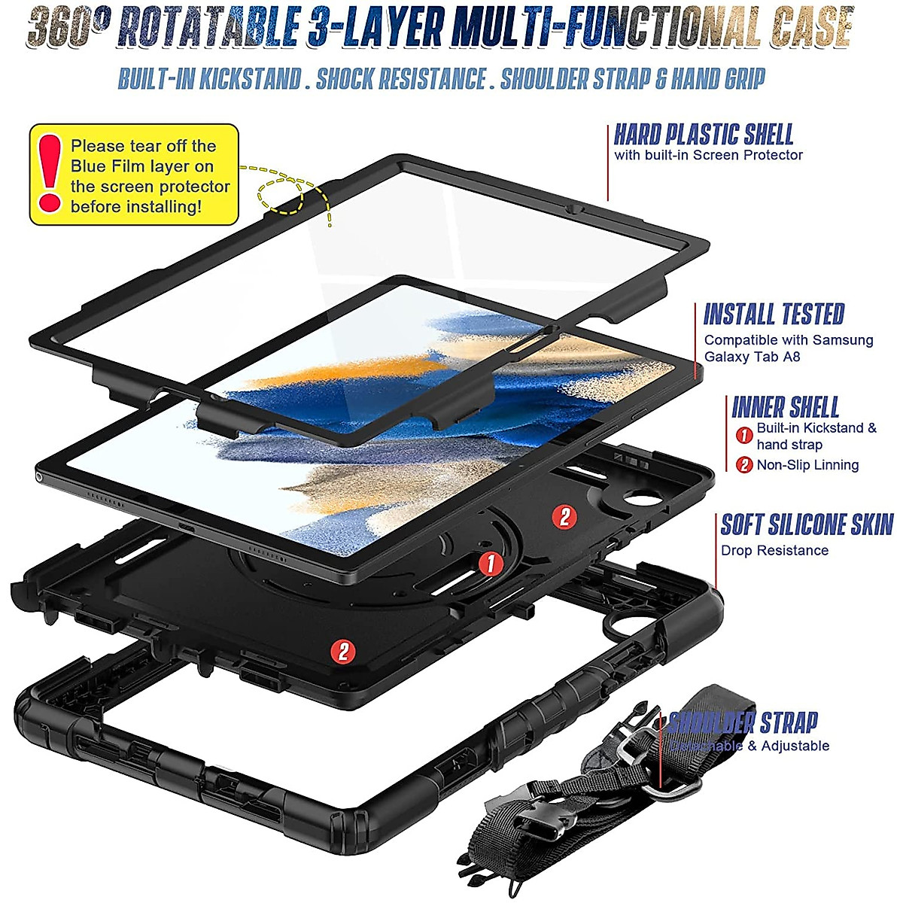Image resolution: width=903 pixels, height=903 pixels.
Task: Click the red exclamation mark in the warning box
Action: point(50,174)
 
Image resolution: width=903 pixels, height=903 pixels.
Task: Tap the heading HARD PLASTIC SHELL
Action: point(704,135)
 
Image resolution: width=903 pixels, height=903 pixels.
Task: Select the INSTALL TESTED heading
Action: point(774,315)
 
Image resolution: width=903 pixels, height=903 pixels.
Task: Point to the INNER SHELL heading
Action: point(785,407)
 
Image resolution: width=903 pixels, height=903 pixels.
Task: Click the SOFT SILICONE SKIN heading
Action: point(807,524)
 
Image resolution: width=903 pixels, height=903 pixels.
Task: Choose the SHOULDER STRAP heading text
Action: point(743,722)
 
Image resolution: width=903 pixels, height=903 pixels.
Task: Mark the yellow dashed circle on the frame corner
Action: point(280,193)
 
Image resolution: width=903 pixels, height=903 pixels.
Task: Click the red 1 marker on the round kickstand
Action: point(491,562)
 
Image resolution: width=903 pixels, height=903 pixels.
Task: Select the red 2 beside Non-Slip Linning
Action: point(744,465)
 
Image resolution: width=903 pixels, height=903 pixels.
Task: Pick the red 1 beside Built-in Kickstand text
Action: point(744,435)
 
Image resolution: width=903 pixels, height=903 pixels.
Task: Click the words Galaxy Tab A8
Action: point(752,357)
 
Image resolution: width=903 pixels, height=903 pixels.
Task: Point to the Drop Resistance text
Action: point(774,550)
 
